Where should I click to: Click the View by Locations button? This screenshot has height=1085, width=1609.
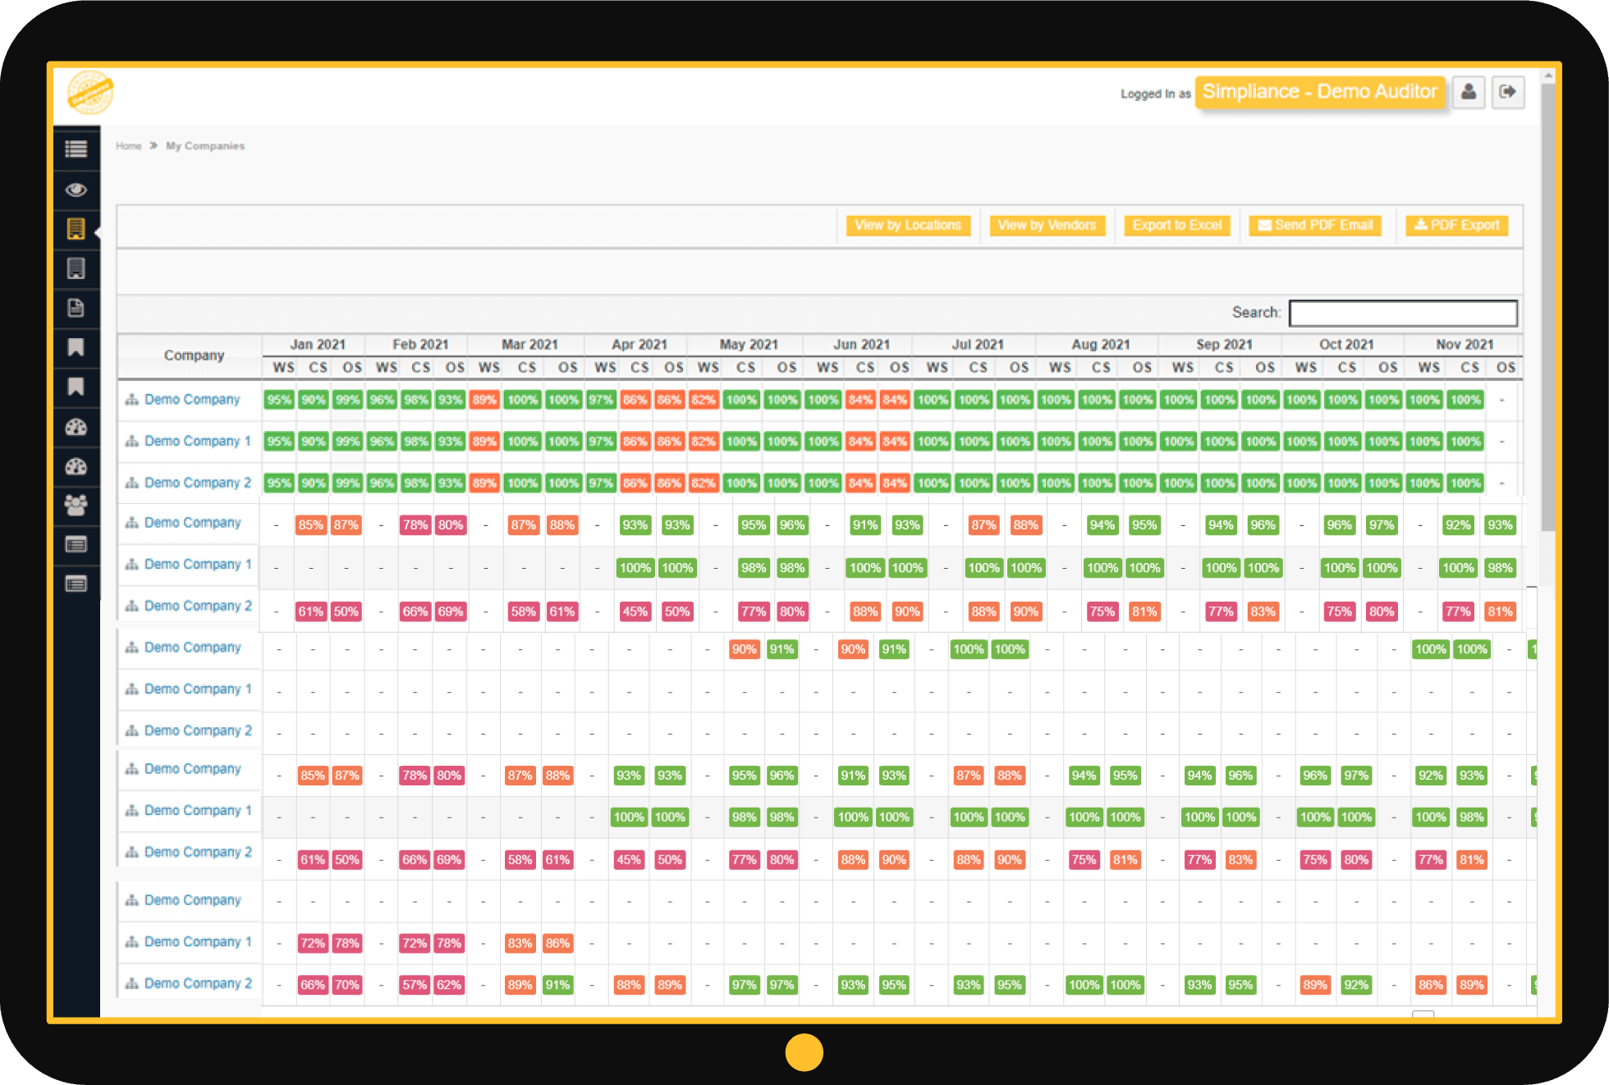908,226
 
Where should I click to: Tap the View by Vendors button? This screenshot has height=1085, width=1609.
1047,226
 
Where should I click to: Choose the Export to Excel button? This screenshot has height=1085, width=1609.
1176,226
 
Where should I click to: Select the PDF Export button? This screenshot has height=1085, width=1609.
1456,226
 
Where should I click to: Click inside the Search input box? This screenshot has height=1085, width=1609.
1402,314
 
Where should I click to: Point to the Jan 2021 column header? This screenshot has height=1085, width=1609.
318,345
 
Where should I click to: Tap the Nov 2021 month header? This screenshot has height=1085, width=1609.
1465,345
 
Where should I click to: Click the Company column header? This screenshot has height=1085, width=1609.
194,355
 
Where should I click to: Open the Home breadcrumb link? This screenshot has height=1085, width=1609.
129,146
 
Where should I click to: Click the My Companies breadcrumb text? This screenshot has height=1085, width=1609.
205,146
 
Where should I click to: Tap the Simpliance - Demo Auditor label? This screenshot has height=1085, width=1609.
1319,92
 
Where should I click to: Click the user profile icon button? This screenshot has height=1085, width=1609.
1469,92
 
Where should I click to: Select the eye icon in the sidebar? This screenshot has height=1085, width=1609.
76,190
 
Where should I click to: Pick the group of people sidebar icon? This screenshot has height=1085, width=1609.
76,505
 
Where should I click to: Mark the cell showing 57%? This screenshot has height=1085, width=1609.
415,985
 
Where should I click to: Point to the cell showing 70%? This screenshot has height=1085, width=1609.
347,985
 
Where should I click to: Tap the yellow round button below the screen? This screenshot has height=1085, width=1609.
804,1052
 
